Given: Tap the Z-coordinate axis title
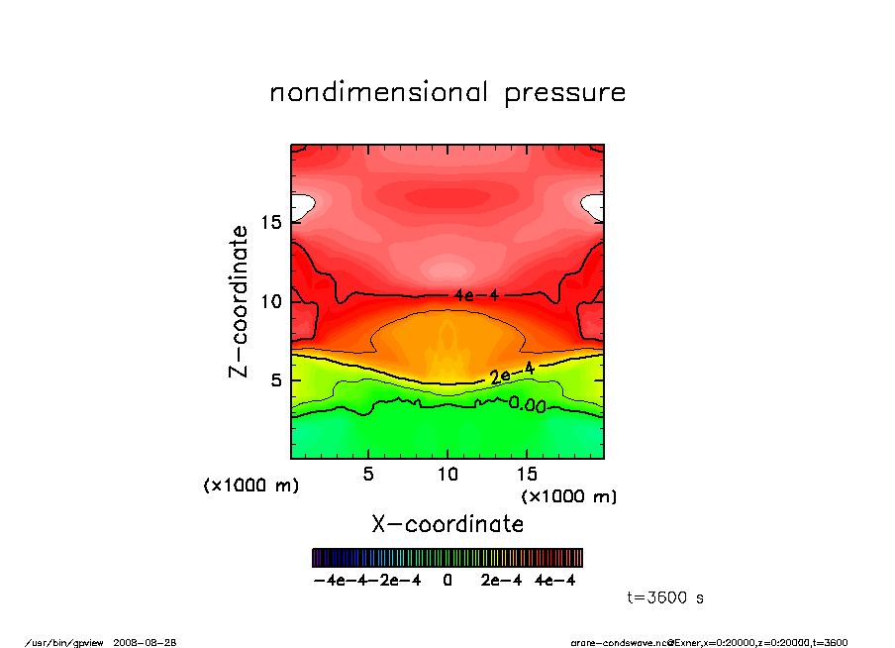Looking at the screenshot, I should click(239, 301).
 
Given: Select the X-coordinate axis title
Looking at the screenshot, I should click(447, 523).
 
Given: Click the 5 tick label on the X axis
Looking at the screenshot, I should click(368, 474).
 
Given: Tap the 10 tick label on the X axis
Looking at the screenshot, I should click(447, 474).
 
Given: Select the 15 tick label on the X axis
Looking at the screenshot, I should click(527, 474).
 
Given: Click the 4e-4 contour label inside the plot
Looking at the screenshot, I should click(472, 295).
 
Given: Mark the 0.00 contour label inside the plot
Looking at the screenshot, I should click(528, 404).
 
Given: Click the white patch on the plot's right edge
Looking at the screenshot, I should click(594, 206).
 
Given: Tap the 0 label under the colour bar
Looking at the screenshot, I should click(447, 581).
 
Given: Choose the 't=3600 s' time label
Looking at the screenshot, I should click(665, 598).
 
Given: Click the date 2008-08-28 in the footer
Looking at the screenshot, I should click(152, 641).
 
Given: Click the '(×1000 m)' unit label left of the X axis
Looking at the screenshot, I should click(250, 486).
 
